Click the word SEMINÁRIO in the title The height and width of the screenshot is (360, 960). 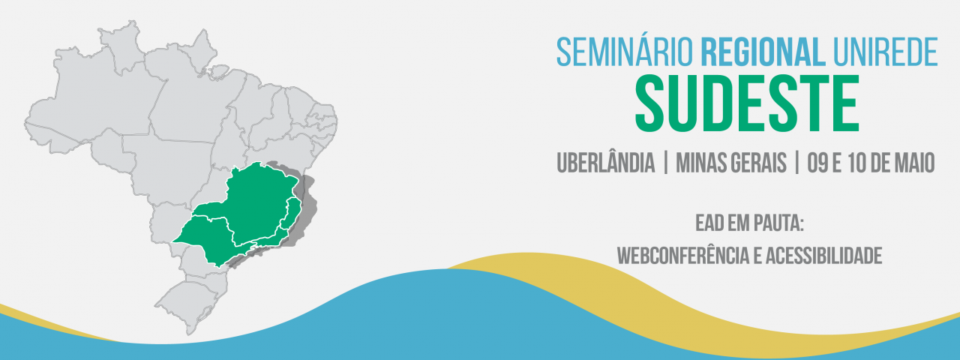tap(625, 52)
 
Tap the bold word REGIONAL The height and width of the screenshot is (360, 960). tap(763, 52)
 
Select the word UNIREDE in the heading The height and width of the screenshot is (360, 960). tap(886, 52)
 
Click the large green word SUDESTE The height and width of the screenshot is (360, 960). tap(747, 103)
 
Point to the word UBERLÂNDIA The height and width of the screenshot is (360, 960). tap(605, 163)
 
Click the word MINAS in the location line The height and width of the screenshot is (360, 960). tap(700, 163)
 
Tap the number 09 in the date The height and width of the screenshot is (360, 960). tap(817, 163)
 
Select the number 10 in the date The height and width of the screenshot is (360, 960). tap(857, 163)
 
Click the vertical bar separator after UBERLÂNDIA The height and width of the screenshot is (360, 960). tap(665, 163)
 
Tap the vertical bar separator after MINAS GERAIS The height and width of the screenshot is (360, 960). tap(796, 163)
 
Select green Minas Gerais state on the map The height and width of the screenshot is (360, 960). tap(257, 202)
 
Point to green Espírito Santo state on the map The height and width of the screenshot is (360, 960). tap(293, 214)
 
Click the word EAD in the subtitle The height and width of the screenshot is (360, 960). tap(706, 223)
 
